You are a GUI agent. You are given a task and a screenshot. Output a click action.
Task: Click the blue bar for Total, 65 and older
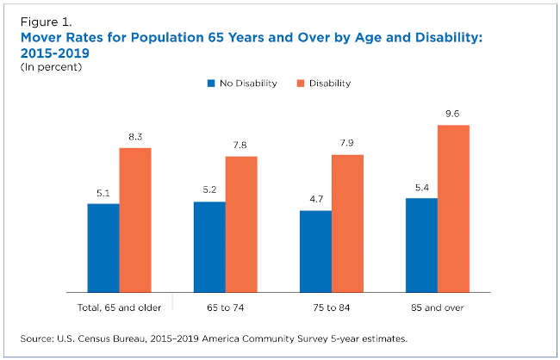103,248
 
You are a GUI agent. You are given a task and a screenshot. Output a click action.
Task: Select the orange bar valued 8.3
135,220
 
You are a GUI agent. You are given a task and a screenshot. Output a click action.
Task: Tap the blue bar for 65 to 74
209,247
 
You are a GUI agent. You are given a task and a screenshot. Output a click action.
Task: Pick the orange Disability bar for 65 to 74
241,225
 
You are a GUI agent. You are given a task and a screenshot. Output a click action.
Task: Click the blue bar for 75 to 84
315,251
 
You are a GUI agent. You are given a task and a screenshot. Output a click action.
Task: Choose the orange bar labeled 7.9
347,224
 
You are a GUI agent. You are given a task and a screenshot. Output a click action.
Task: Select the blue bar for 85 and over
422,245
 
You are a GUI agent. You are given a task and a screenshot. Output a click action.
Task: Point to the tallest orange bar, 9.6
453,209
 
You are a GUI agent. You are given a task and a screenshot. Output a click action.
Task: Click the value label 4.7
316,199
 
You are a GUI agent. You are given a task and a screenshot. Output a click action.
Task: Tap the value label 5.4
422,188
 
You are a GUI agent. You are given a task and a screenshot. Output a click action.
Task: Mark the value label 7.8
240,145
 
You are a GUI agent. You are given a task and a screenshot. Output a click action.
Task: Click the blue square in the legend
211,84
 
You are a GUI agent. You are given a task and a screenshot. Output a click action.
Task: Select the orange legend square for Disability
301,84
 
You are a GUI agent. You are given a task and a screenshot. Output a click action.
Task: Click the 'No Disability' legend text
248,84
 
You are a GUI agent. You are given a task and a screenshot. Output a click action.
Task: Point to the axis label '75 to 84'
332,307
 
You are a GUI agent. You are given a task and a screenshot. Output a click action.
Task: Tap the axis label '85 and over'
437,307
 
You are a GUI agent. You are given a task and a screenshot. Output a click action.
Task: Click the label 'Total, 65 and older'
119,307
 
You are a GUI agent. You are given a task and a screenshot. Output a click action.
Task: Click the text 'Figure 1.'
46,22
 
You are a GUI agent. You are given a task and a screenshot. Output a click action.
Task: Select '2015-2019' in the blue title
55,53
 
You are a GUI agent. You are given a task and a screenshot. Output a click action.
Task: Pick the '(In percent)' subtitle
51,67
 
